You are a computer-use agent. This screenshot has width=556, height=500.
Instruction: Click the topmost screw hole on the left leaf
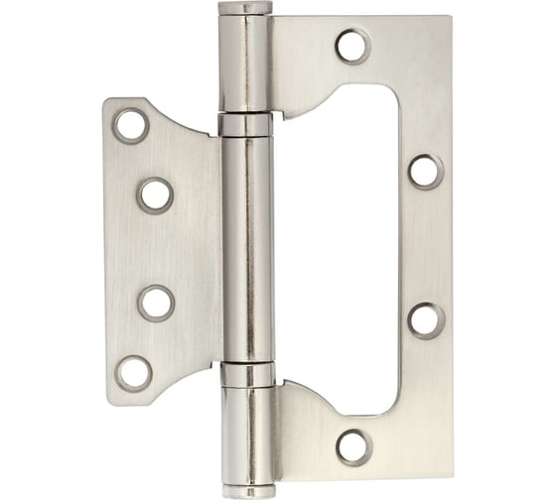tap(131, 126)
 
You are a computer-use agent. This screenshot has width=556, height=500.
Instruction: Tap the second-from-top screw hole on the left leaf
tap(155, 194)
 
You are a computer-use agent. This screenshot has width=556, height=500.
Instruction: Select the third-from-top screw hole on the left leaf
tap(156, 303)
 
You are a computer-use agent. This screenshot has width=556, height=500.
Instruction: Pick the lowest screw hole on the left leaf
tap(133, 372)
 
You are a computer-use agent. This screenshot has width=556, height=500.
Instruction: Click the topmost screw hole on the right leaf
tap(352, 46)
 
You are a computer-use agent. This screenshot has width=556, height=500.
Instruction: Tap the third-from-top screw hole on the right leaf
tap(426, 320)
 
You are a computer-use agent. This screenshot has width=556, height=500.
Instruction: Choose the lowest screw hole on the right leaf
tap(353, 445)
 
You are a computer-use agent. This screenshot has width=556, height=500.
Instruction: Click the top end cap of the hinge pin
tap(244, 9)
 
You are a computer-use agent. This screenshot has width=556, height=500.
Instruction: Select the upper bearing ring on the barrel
tap(245, 125)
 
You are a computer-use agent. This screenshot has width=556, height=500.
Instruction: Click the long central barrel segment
tap(245, 248)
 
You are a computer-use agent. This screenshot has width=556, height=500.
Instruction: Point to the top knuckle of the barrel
tap(244, 64)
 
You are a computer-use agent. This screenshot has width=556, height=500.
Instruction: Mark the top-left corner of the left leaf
tap(110, 100)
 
